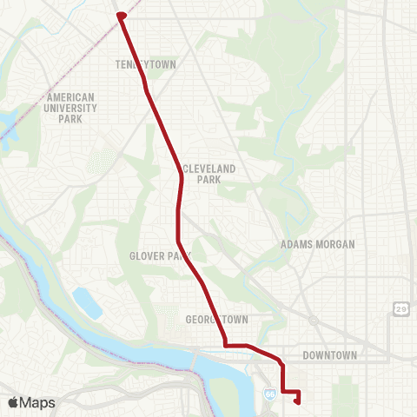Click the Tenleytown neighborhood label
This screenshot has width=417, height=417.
(x=140, y=64)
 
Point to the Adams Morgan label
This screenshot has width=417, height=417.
(x=318, y=245)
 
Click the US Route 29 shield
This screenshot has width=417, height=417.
(x=400, y=309)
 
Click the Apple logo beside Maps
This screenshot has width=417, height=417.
(x=14, y=402)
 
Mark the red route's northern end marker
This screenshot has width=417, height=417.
(x=121, y=16)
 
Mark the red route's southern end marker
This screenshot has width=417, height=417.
(x=298, y=400)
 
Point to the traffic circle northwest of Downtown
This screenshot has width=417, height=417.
(x=314, y=321)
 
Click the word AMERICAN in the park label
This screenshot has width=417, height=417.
(x=72, y=97)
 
